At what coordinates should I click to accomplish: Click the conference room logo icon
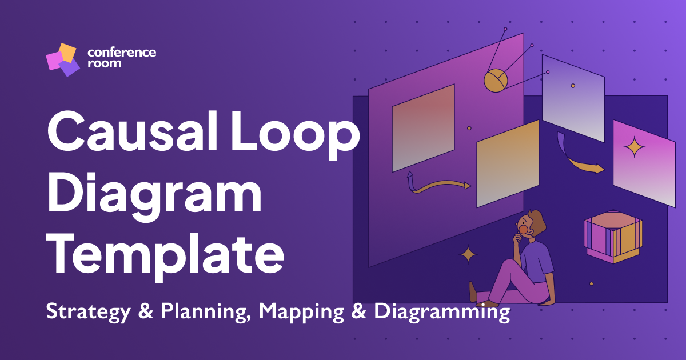click(x=62, y=59)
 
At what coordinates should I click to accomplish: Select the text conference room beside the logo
click(x=121, y=57)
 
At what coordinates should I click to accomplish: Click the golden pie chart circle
click(x=495, y=81)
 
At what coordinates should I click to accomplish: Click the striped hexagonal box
click(x=612, y=238)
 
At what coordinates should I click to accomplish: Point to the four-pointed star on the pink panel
click(x=634, y=149)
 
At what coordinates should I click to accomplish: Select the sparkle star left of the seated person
click(x=468, y=254)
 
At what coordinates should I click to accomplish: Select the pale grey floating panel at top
click(x=572, y=98)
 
